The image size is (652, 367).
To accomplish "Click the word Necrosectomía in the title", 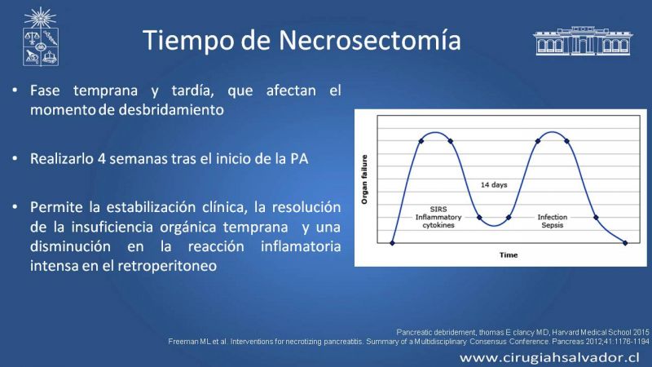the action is click(x=370, y=40).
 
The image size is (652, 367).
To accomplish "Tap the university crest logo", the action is click(x=40, y=36).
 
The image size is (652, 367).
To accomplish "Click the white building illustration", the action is click(x=583, y=41).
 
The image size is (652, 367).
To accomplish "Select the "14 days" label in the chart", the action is click(x=494, y=185).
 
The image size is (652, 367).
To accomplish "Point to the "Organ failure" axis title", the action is click(x=364, y=179).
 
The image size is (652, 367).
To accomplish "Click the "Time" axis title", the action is click(x=509, y=255).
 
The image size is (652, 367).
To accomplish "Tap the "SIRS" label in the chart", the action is click(x=438, y=210).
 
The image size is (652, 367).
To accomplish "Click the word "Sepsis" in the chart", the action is click(x=553, y=225).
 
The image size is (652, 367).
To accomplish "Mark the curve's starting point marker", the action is click(x=392, y=243).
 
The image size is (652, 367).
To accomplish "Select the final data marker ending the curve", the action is click(x=625, y=243).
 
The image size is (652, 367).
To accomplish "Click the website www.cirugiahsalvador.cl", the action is click(x=549, y=357).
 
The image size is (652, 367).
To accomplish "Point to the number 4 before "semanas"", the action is click(x=101, y=158).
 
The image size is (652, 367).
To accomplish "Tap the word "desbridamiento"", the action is click(x=171, y=110).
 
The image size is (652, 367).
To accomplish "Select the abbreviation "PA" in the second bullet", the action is click(x=299, y=158).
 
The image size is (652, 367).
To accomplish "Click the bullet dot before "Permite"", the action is click(x=15, y=207).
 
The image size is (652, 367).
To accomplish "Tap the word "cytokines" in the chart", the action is click(x=438, y=225).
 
